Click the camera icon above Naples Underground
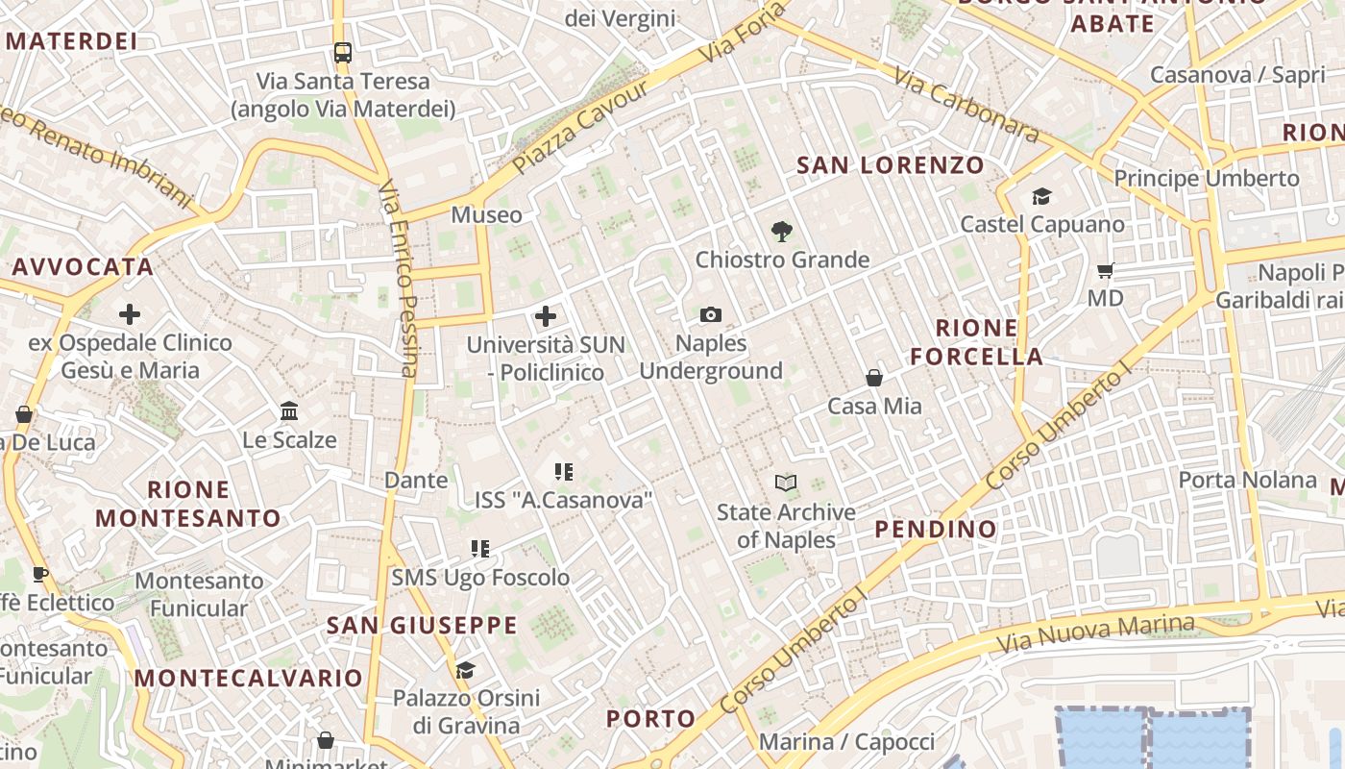pyautogui.click(x=711, y=314)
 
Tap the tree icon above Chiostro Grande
pyautogui.click(x=782, y=231)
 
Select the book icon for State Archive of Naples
pyautogui.click(x=786, y=483)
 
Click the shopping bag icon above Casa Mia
pyautogui.click(x=874, y=378)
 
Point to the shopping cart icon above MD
pyautogui.click(x=1106, y=271)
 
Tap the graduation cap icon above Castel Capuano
pyautogui.click(x=1041, y=197)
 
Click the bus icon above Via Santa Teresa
pyautogui.click(x=343, y=52)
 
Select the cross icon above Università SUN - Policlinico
pyautogui.click(x=546, y=316)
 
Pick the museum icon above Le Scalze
pyautogui.click(x=289, y=411)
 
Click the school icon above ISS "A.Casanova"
pyautogui.click(x=564, y=471)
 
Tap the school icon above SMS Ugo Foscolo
pyautogui.click(x=480, y=549)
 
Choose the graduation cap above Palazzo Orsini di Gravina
pyautogui.click(x=466, y=670)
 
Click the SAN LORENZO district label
pyautogui.click(x=891, y=165)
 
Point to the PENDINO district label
pyautogui.click(x=936, y=529)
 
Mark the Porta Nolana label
pyautogui.click(x=1247, y=480)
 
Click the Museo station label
pyautogui.click(x=487, y=215)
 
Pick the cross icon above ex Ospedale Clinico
pyautogui.click(x=130, y=314)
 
